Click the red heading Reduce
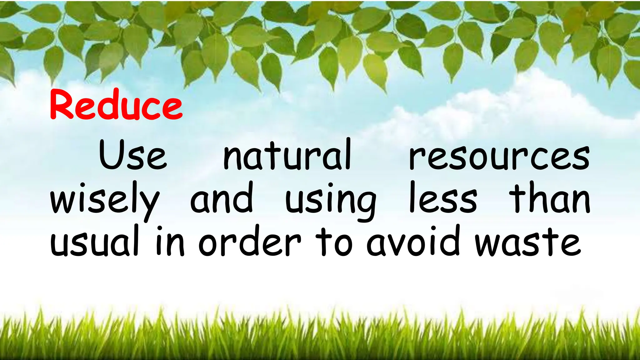pyautogui.click(x=116, y=105)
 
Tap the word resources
pyautogui.click(x=499, y=158)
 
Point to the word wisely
pyautogui.click(x=105, y=200)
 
